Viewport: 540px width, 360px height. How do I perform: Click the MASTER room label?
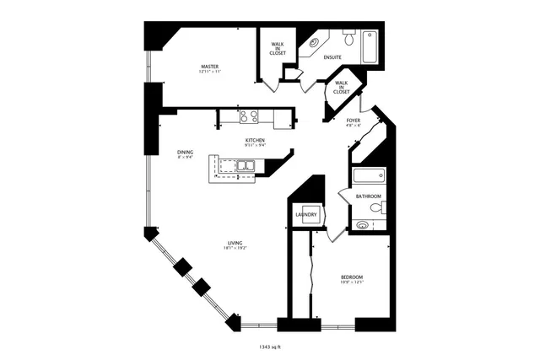click(x=210, y=66)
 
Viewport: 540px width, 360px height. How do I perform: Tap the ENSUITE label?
click(x=332, y=57)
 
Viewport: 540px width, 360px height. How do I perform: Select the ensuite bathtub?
click(x=370, y=47)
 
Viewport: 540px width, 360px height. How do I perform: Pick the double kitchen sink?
click(x=245, y=166)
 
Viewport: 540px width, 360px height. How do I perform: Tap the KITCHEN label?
click(x=255, y=140)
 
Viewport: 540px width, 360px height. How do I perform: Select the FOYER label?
click(x=354, y=121)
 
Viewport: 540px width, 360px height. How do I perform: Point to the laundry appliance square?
click(x=308, y=215)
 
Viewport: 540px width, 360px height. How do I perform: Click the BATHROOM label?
click(x=369, y=196)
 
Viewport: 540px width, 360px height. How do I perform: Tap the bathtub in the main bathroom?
click(x=370, y=177)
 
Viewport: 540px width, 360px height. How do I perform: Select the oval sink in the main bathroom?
click(x=363, y=225)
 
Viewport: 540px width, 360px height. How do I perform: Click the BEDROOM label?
click(x=352, y=277)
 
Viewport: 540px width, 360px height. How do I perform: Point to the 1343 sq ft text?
click(x=271, y=346)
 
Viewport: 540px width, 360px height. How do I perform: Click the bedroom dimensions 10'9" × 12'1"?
click(x=352, y=283)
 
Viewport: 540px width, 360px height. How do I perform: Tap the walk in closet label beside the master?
click(x=278, y=48)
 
